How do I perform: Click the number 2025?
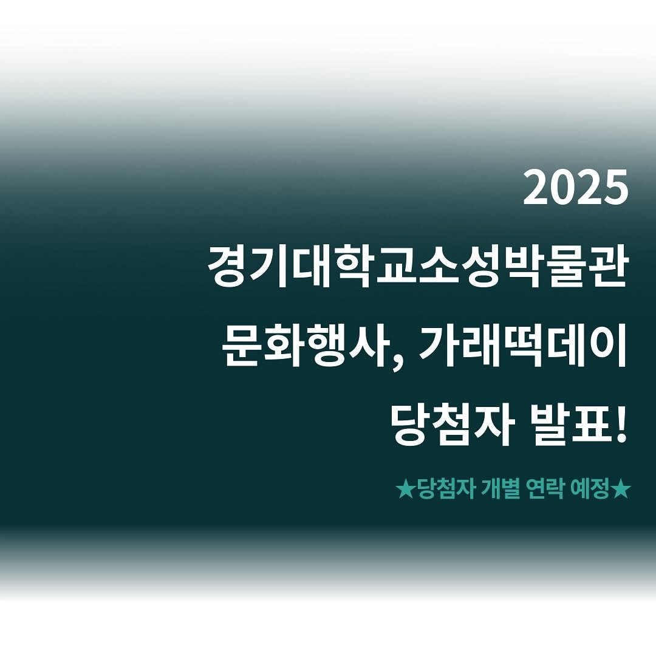575,188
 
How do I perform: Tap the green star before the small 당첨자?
405,490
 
